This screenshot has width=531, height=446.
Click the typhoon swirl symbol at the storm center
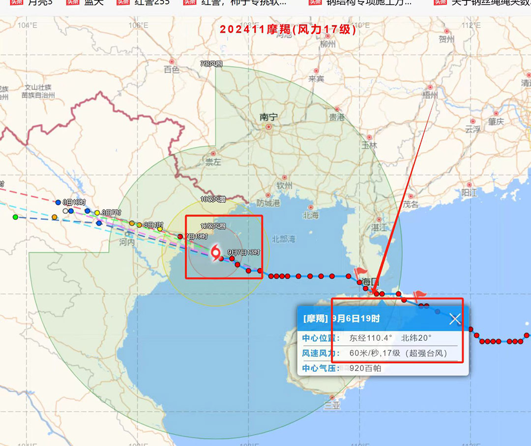pyautogui.click(x=215, y=253)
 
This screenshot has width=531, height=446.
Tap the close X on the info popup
pyautogui.click(x=455, y=319)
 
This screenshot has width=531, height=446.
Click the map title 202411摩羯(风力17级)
pyautogui.click(x=288, y=29)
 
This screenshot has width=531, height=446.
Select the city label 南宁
pyautogui.click(x=268, y=117)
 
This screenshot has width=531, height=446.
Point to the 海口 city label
pyautogui.click(x=371, y=282)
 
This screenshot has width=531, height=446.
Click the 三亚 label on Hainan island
pyautogui.click(x=332, y=406)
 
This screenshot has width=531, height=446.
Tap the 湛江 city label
pyautogui.click(x=379, y=228)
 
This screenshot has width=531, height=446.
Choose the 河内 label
pyautogui.click(x=127, y=242)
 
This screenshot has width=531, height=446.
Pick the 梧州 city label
pyautogui.click(x=430, y=94)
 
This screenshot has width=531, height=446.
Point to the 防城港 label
pyautogui.click(x=268, y=203)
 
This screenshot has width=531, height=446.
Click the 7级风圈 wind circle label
pyautogui.click(x=211, y=64)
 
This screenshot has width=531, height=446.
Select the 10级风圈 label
pyautogui.click(x=213, y=199)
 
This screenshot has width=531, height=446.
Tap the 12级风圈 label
pyautogui.click(x=213, y=226)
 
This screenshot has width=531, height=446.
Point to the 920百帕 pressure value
pyautogui.click(x=365, y=368)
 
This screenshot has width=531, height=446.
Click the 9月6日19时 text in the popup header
pyautogui.click(x=356, y=319)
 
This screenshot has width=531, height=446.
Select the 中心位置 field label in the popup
pyautogui.click(x=321, y=338)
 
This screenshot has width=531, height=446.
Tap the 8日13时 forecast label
pyautogui.click(x=74, y=202)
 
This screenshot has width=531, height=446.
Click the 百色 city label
pyautogui.click(x=172, y=70)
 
